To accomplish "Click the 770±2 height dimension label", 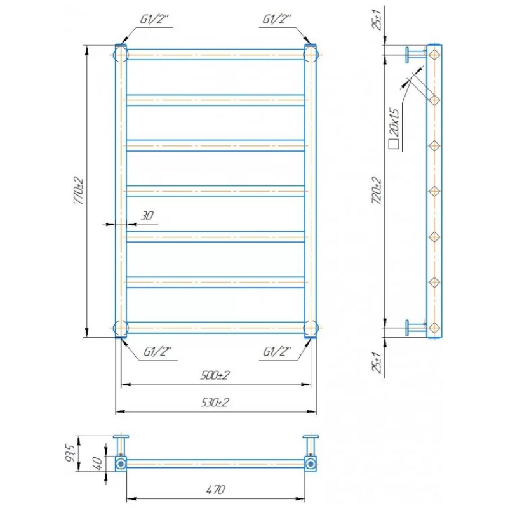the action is click(79, 190).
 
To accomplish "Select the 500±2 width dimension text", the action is click(215, 375).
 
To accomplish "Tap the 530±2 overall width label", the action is click(215, 403).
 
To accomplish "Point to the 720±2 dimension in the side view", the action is click(377, 190).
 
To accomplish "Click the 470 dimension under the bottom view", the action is click(215, 489).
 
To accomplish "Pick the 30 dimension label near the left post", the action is click(147, 216).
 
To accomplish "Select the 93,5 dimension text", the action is click(71, 453).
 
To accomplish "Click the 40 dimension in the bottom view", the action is click(98, 463).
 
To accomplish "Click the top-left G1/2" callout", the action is click(154, 20).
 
